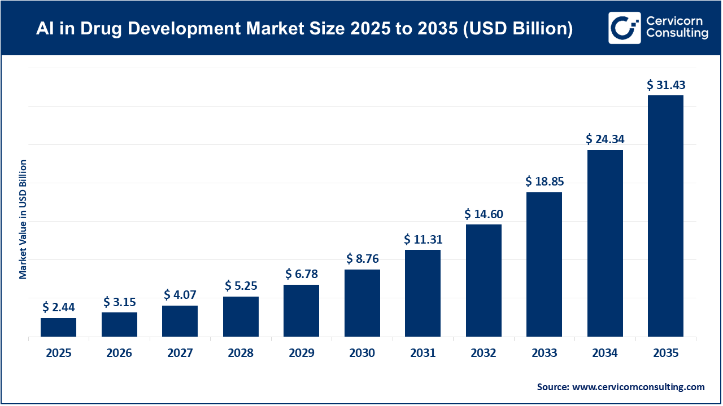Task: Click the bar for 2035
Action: [665, 216]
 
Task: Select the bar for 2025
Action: [58, 327]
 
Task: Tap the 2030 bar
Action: [362, 303]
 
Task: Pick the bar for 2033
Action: [544, 264]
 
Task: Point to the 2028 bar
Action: [241, 316]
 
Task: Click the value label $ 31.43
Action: [665, 85]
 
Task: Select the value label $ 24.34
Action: [605, 139]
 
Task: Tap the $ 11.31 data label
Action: [423, 239]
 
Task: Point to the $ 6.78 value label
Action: [302, 274]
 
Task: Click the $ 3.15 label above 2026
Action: [119, 302]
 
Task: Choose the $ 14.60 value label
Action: [484, 214]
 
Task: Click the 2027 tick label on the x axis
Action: [180, 354]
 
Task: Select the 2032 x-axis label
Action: [484, 354]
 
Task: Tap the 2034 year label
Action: [605, 354]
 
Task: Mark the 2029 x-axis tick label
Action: [302, 354]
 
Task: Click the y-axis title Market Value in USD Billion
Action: [23, 219]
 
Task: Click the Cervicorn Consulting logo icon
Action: [624, 28]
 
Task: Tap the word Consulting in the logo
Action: [677, 34]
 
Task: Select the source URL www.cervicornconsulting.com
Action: [638, 387]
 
